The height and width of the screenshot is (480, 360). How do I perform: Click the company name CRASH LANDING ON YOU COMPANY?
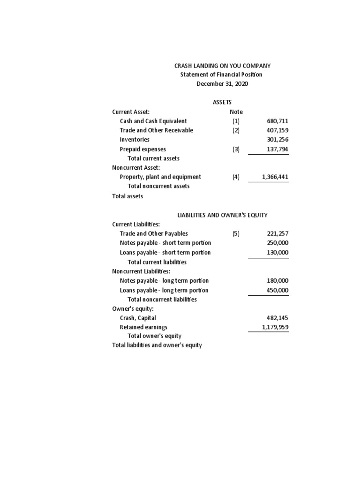(x=222, y=66)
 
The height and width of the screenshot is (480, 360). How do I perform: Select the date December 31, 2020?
(x=222, y=84)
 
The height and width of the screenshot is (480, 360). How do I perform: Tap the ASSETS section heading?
(x=222, y=102)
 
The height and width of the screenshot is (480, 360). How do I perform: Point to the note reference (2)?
(x=236, y=130)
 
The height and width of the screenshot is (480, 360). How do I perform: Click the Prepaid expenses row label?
(x=142, y=149)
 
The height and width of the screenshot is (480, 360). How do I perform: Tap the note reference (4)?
(x=236, y=177)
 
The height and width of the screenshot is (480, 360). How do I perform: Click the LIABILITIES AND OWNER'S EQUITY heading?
(x=222, y=215)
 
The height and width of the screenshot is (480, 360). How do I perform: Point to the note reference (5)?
(x=236, y=233)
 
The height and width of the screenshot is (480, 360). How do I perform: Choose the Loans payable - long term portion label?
(x=164, y=290)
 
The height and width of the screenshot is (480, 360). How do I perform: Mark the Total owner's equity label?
(x=154, y=336)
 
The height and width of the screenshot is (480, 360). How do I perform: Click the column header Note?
(x=236, y=112)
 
